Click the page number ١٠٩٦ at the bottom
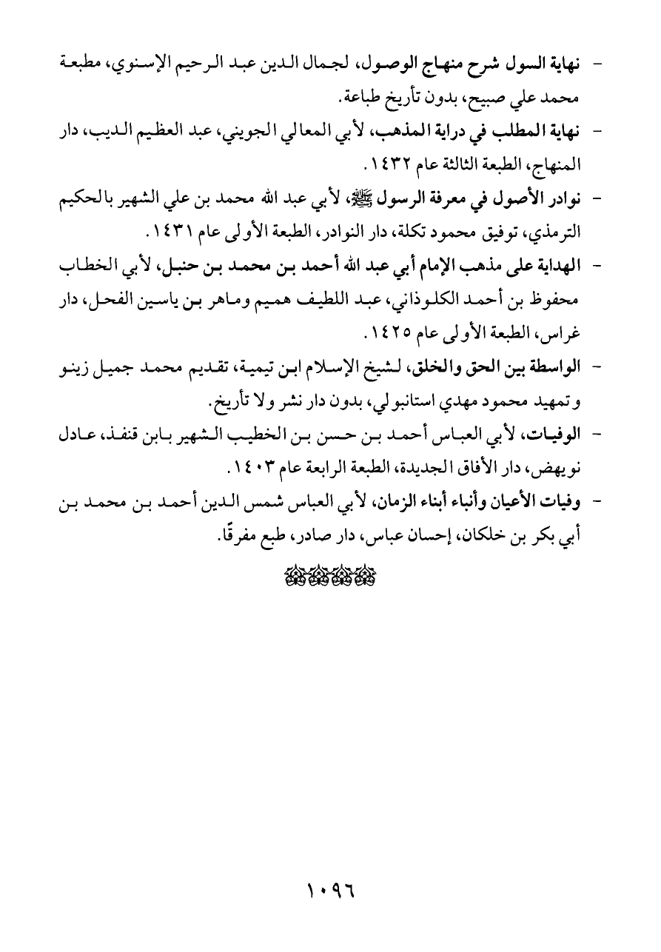(x=331, y=887)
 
